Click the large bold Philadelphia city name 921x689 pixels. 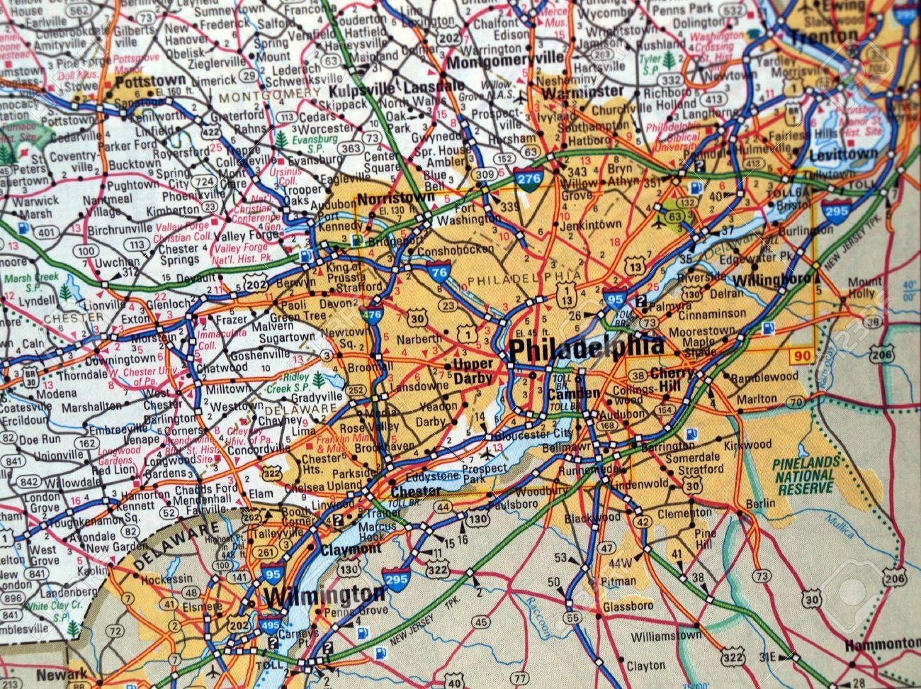pyautogui.click(x=587, y=347)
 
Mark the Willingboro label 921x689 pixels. pyautogui.click(x=771, y=279)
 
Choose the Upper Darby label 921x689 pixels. pyautogui.click(x=473, y=371)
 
